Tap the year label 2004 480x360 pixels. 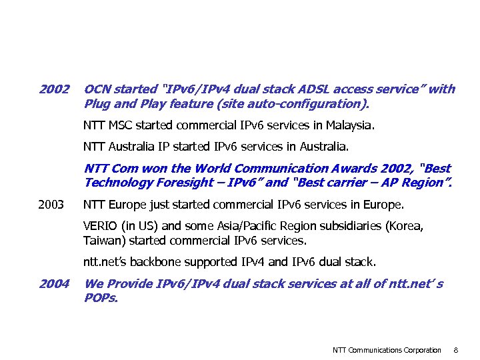click(54, 284)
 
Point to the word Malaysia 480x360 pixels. click(350, 125)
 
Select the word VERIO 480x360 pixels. click(99, 226)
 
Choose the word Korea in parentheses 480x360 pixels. click(405, 226)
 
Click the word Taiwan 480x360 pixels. click(100, 239)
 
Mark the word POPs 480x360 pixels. click(101, 297)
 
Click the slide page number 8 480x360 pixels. click(455, 350)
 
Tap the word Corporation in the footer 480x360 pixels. click(419, 350)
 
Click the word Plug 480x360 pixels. click(97, 103)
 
